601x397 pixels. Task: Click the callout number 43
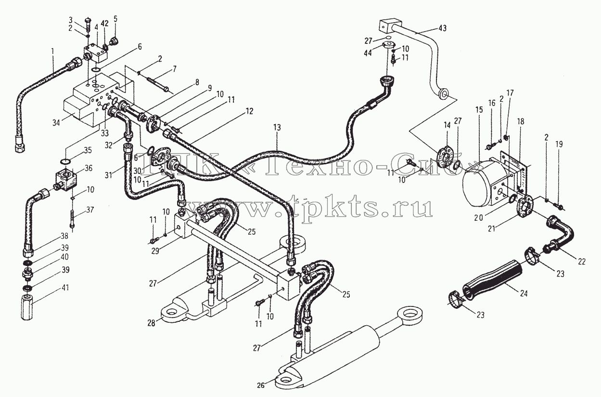click(443, 28)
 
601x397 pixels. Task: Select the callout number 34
click(56, 123)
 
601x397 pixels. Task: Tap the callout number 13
click(277, 127)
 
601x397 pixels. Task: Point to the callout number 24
click(524, 293)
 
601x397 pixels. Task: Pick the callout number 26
click(260, 385)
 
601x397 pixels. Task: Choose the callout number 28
click(151, 323)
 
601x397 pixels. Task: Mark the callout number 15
click(479, 109)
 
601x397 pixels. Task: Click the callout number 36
click(88, 168)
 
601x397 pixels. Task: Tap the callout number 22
click(581, 261)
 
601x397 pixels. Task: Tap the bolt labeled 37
click(73, 219)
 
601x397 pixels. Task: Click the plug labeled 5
click(115, 41)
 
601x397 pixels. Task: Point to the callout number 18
click(521, 121)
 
